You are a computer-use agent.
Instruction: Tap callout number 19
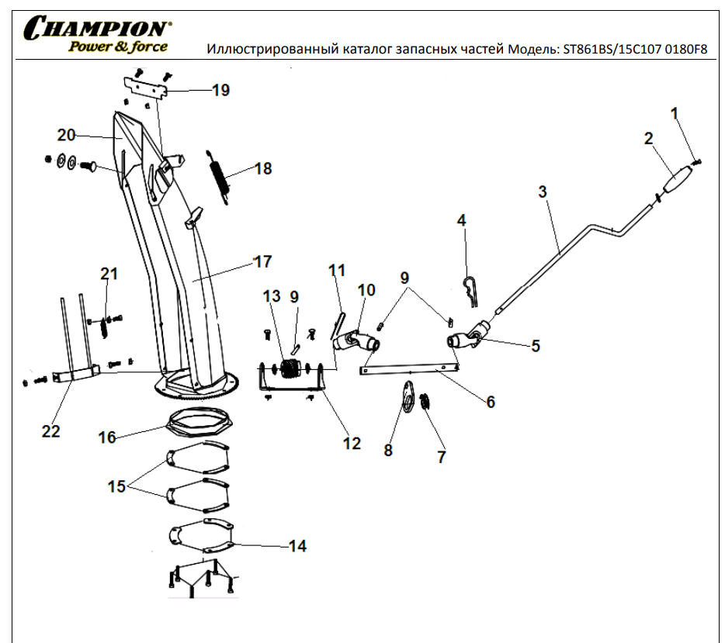click(x=220, y=91)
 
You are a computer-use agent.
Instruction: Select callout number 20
click(x=66, y=135)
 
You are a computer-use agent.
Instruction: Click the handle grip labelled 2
click(x=677, y=181)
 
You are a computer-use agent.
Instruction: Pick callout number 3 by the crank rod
click(x=543, y=191)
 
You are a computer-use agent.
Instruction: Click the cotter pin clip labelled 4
click(x=470, y=287)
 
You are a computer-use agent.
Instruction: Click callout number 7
click(x=442, y=457)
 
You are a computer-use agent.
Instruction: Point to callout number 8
click(x=388, y=451)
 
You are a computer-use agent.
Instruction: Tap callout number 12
click(x=352, y=443)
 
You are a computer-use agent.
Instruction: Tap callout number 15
click(x=116, y=487)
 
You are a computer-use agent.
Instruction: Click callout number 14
click(x=297, y=547)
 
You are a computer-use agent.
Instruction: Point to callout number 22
click(x=50, y=431)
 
